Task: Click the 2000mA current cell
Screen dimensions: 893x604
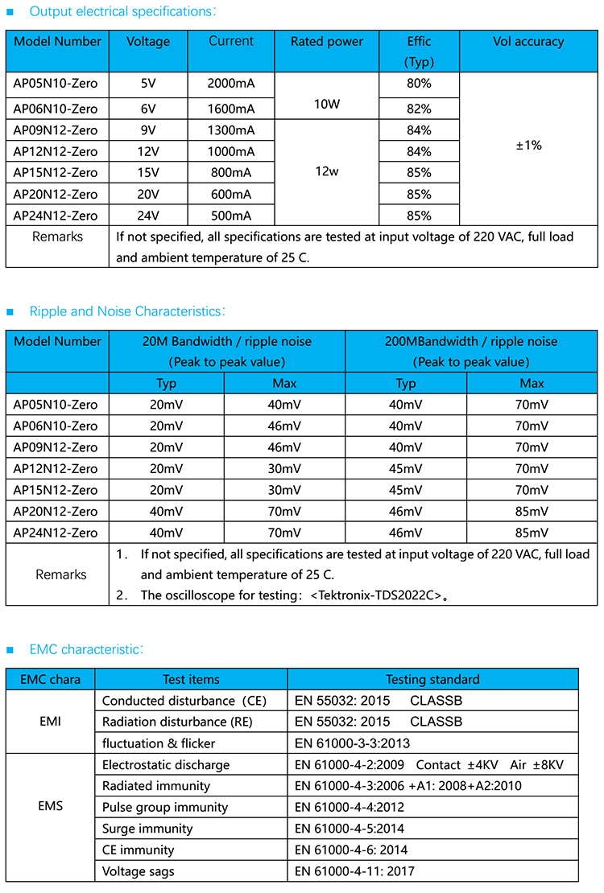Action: pos(231,83)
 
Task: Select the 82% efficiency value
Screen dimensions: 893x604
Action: pos(419,109)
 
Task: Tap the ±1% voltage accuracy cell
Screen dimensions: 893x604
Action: pos(528,146)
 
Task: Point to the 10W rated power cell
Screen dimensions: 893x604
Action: pos(327,103)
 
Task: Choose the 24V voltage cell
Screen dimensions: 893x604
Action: pos(148,216)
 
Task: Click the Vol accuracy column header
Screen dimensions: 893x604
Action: pos(528,42)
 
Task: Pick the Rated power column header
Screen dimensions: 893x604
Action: pos(327,42)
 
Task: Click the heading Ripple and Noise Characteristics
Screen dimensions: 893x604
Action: pos(125,311)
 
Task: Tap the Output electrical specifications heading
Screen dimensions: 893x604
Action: pos(122,12)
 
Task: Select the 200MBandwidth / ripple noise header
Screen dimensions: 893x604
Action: pos(471,341)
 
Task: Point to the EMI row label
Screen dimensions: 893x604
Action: pos(50,722)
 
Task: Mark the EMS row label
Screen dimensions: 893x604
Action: pos(50,806)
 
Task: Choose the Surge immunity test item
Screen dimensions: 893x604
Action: pos(147,829)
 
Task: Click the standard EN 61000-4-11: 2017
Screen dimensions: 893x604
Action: pos(355,871)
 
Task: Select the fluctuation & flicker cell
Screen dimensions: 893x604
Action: pos(159,743)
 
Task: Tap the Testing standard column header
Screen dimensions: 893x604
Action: pos(432,679)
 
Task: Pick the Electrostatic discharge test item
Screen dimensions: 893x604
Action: pos(166,764)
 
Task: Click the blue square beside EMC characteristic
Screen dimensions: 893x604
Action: pos(10,649)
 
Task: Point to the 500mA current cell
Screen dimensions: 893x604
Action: pos(231,216)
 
